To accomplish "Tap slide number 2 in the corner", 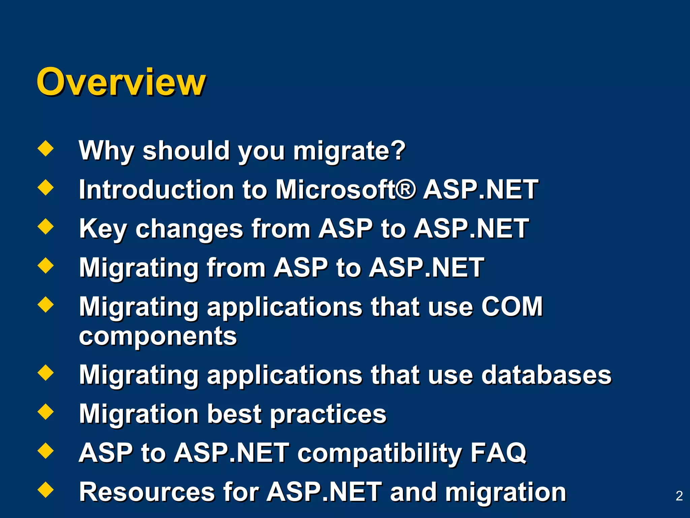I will click(x=679, y=496).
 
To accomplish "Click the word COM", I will click(x=512, y=307).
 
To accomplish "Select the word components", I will click(x=158, y=337).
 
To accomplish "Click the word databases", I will click(x=546, y=375).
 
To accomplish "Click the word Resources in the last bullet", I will click(x=147, y=492).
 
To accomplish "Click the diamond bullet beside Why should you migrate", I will click(x=46, y=149).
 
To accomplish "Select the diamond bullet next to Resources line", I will click(x=46, y=490).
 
